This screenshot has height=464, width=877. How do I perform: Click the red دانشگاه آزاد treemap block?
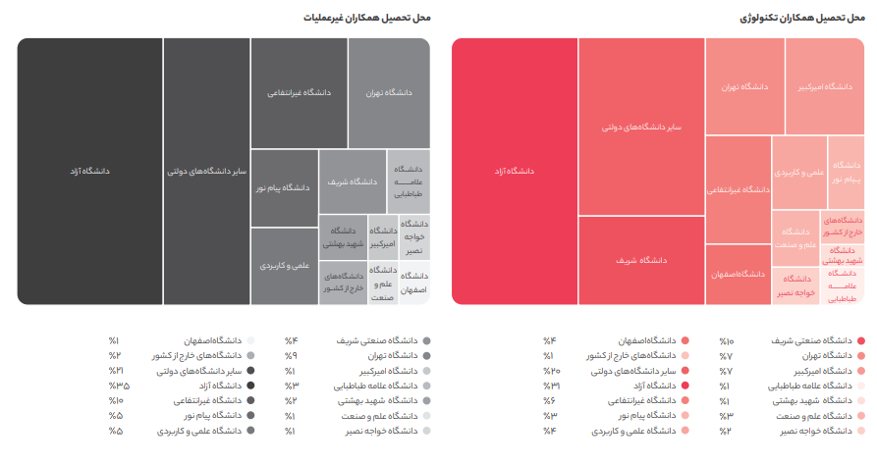(x=514, y=171)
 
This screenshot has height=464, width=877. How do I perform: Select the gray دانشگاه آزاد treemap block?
(x=89, y=171)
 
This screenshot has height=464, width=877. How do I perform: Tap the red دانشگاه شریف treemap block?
(x=640, y=260)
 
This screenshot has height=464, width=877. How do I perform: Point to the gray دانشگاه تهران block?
(x=388, y=92)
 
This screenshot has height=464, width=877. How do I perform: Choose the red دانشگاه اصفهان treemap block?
(x=738, y=274)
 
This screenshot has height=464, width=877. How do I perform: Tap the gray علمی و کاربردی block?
(x=284, y=265)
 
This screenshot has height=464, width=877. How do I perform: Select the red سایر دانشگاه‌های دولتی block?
(x=640, y=127)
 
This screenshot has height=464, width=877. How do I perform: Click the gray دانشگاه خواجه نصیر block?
(x=412, y=236)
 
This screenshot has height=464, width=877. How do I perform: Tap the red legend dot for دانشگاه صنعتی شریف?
(x=861, y=340)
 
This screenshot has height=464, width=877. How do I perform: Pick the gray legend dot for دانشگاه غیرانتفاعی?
(x=251, y=400)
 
